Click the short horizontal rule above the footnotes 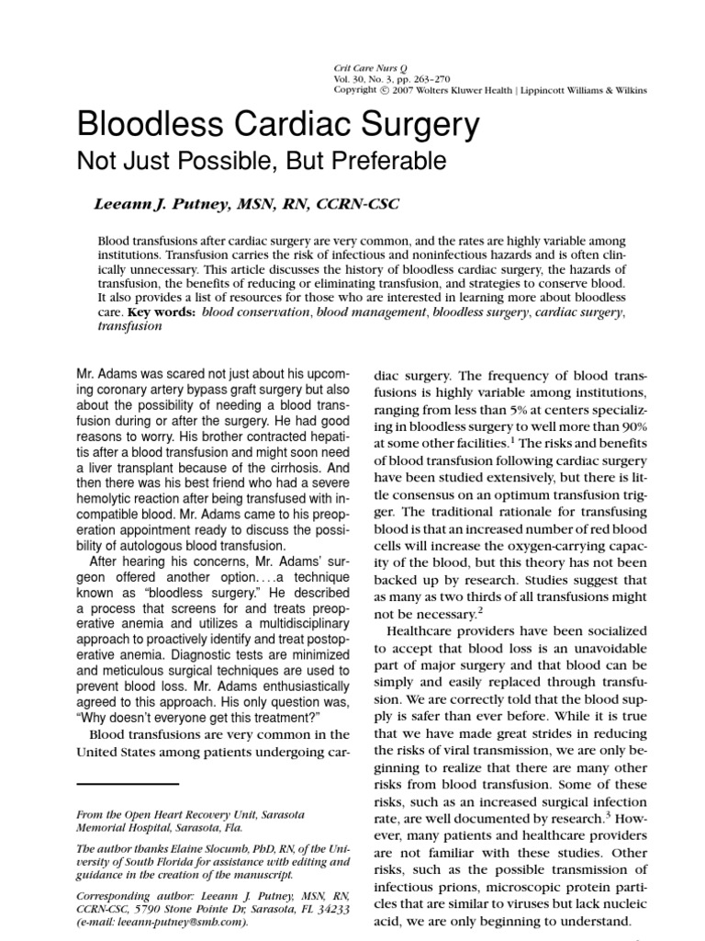[127, 784]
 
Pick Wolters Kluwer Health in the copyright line [461, 90]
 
